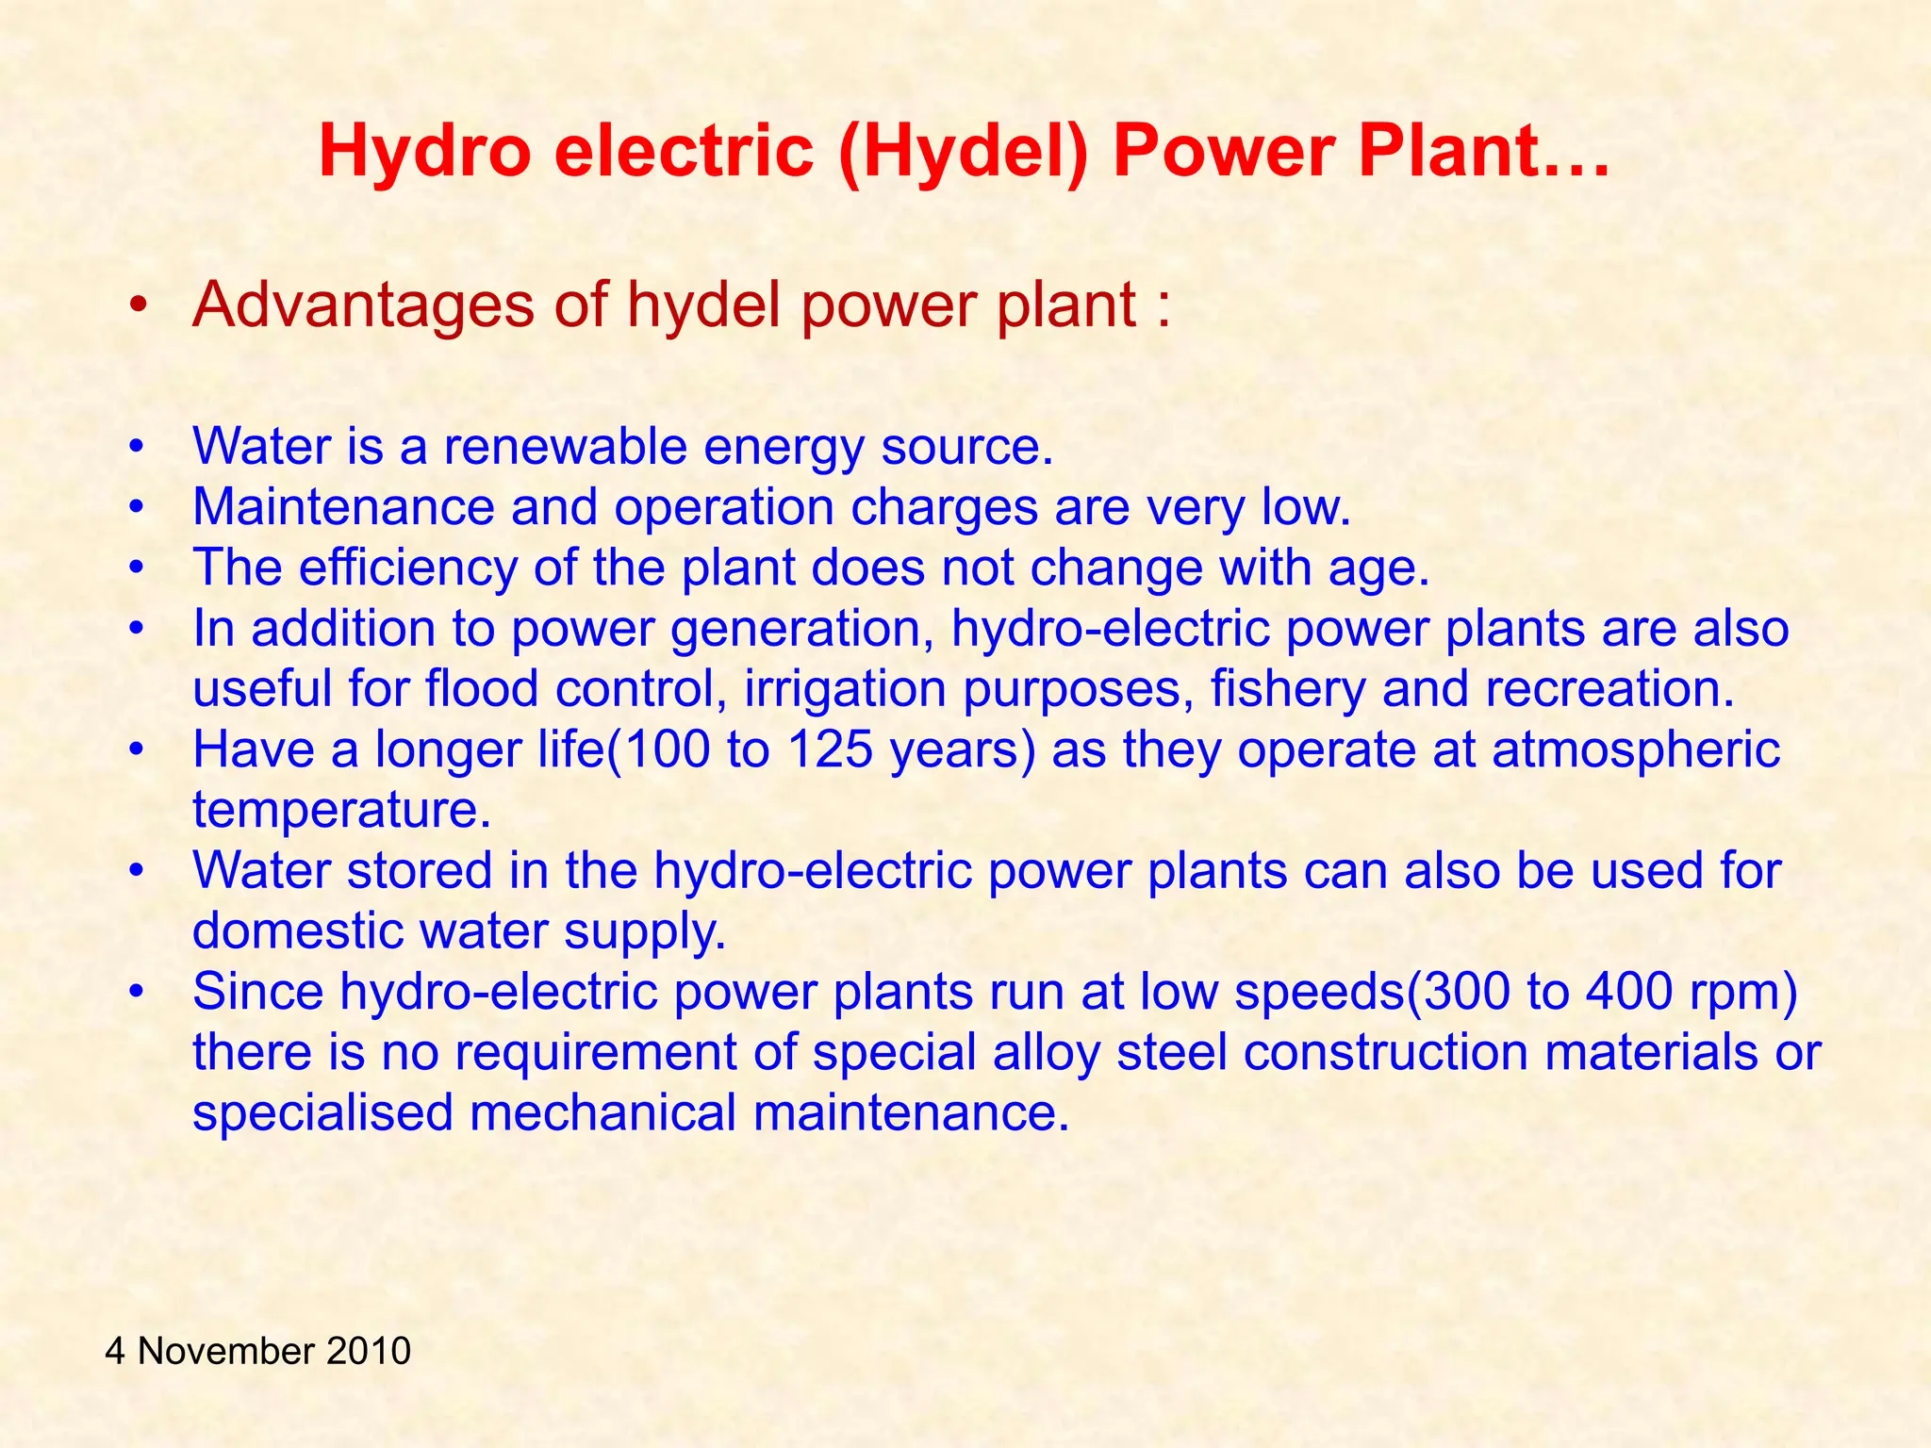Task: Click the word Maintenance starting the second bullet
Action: click(343, 507)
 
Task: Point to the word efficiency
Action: click(408, 568)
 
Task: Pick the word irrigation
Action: click(845, 689)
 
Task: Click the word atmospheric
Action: click(1636, 750)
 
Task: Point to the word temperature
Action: click(341, 811)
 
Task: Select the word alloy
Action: click(1046, 1052)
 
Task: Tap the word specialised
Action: click(322, 1113)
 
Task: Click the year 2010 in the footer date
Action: click(369, 1351)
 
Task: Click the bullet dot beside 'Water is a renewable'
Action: click(138, 447)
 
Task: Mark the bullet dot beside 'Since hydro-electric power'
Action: click(138, 993)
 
